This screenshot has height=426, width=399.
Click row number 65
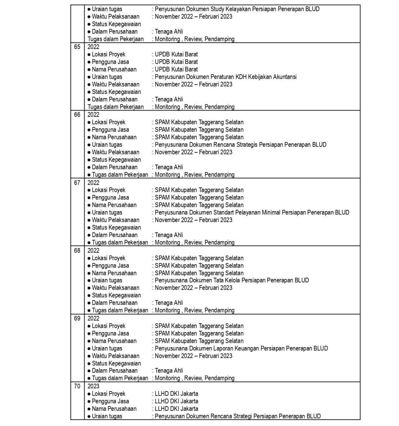[77, 47]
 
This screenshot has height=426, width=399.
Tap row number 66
[77, 115]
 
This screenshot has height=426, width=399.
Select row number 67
[77, 183]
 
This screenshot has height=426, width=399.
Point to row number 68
[77, 250]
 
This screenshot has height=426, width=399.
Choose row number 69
[77, 318]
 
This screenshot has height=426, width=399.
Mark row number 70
[77, 386]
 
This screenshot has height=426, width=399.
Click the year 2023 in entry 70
[93, 386]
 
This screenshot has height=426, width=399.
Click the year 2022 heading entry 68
[93, 250]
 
